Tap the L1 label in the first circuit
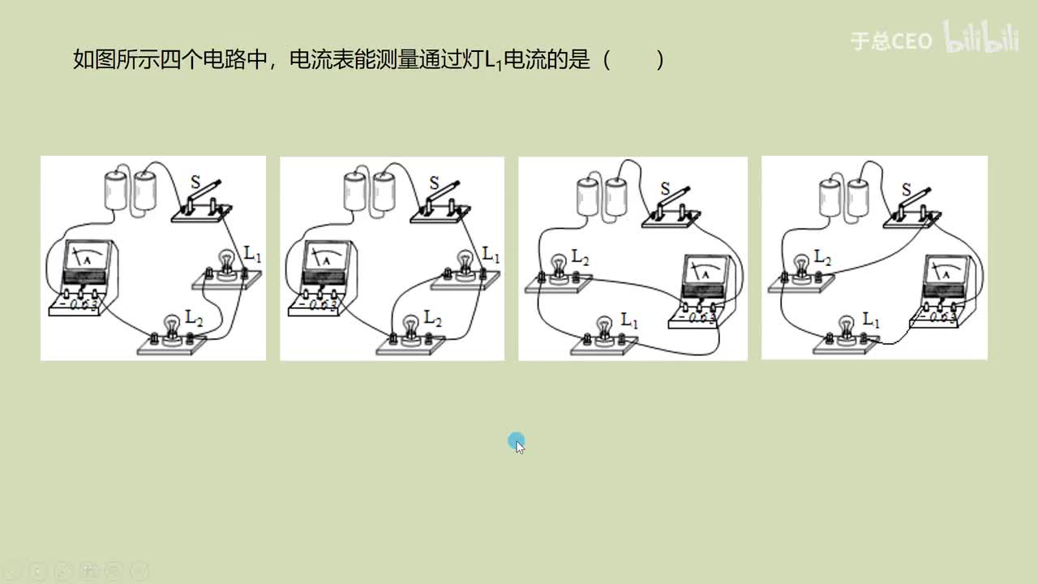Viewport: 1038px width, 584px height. click(x=253, y=257)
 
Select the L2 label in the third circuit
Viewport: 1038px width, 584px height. click(x=581, y=257)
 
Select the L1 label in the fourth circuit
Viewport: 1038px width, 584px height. click(x=871, y=319)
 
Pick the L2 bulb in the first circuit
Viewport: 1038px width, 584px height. click(x=172, y=328)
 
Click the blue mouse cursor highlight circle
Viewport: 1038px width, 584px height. click(x=516, y=442)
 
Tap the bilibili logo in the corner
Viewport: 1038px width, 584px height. click(x=980, y=39)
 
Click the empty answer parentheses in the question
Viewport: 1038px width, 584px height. click(x=633, y=60)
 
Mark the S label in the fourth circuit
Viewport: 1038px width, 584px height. click(x=907, y=189)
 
